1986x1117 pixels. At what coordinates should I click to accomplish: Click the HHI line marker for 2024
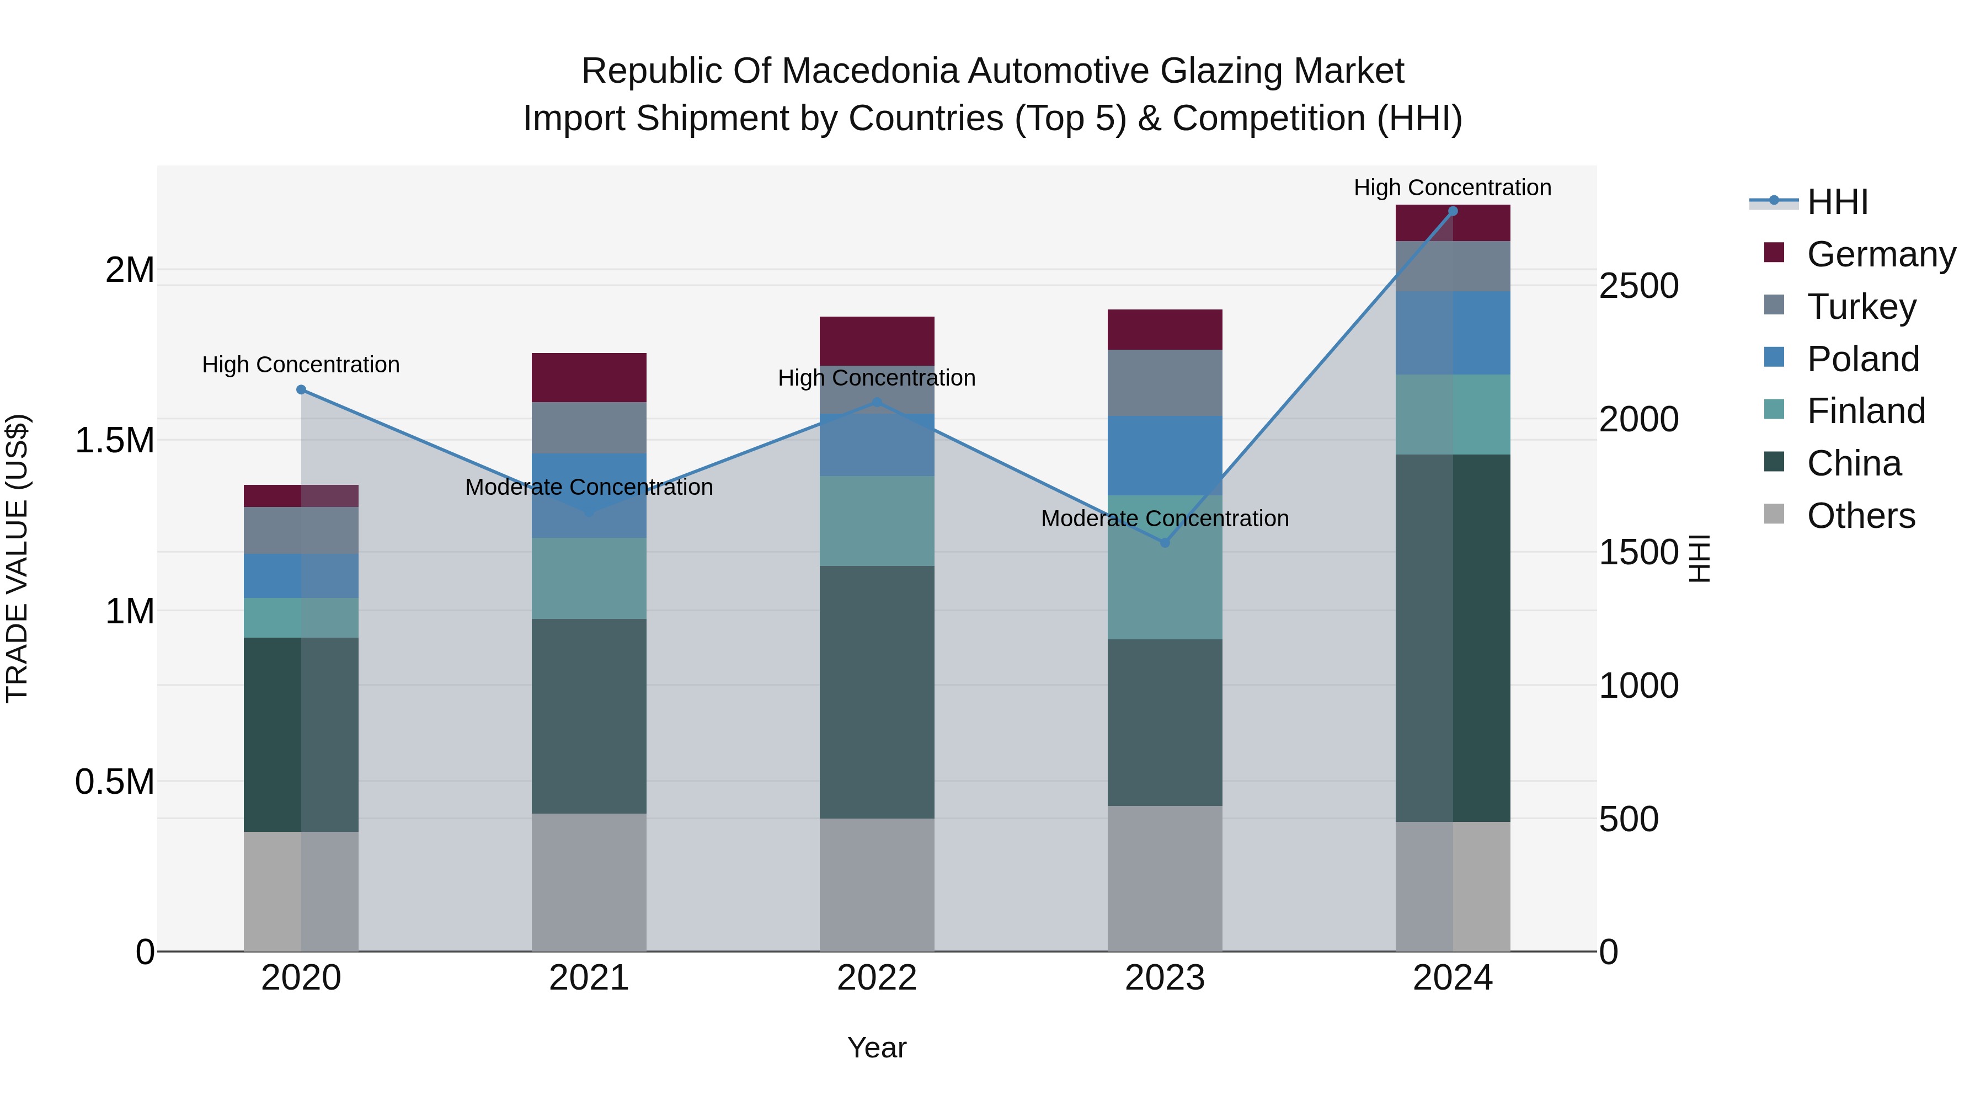tap(1453, 211)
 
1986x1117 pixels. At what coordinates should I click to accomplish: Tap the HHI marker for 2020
tap(301, 390)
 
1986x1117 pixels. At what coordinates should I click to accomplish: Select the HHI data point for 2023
tap(1165, 543)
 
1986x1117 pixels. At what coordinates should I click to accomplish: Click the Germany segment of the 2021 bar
tap(589, 378)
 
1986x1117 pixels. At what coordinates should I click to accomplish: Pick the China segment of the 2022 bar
tap(877, 692)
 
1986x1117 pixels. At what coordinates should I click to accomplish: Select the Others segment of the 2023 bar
tap(1165, 879)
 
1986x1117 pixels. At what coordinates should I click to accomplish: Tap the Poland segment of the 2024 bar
tap(1453, 333)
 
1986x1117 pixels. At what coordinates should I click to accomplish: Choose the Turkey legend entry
tap(1861, 307)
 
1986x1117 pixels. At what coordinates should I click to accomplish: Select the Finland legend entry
tap(1866, 411)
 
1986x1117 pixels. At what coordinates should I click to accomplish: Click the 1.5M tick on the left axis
tap(114, 441)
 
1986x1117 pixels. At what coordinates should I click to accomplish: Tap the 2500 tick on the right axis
tap(1638, 286)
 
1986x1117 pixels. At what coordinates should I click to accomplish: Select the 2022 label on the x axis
tap(877, 978)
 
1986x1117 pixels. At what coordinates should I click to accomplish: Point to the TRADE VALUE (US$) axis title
tap(17, 558)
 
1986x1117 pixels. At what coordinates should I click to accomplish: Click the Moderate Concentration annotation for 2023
tap(1165, 519)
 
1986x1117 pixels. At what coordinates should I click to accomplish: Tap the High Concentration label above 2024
tap(1453, 188)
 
